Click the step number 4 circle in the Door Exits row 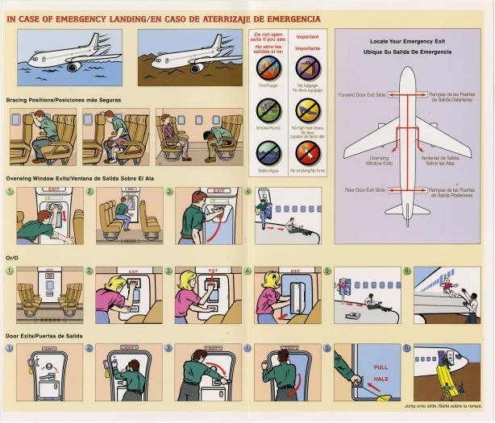pyautogui.click(x=248, y=348)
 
